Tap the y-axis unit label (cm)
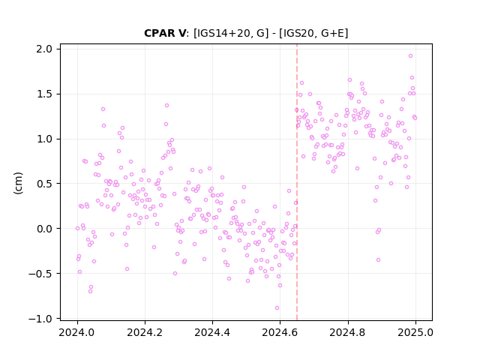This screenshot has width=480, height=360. point(18,183)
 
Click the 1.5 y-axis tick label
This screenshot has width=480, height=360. point(44,94)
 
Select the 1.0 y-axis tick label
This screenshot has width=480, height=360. point(44,139)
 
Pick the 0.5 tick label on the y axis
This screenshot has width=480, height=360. point(44,184)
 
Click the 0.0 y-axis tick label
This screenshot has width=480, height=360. point(44,229)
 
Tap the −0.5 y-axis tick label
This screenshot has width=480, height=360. point(40,273)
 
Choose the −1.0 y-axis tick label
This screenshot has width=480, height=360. point(40,318)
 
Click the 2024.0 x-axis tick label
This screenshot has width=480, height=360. point(77,332)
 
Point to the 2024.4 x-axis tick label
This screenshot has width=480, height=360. point(212,332)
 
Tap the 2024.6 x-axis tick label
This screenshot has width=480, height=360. point(280,332)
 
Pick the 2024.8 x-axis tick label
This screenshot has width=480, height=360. point(348,332)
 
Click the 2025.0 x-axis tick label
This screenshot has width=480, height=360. point(415,332)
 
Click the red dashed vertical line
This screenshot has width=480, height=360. point(297,182)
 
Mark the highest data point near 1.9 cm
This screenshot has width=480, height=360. point(410,56)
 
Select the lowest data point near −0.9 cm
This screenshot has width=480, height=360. point(277,308)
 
